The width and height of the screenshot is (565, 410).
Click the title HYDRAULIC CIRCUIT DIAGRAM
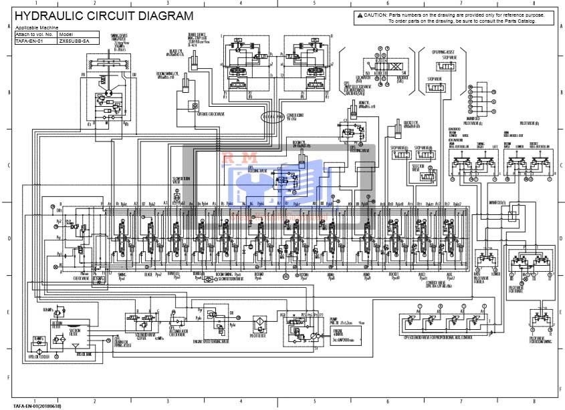(105, 16)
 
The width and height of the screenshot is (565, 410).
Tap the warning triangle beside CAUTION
(360, 15)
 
